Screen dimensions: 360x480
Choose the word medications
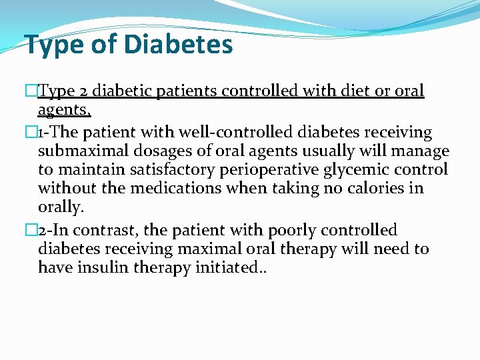(x=175, y=189)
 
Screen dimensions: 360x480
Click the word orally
(x=61, y=207)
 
